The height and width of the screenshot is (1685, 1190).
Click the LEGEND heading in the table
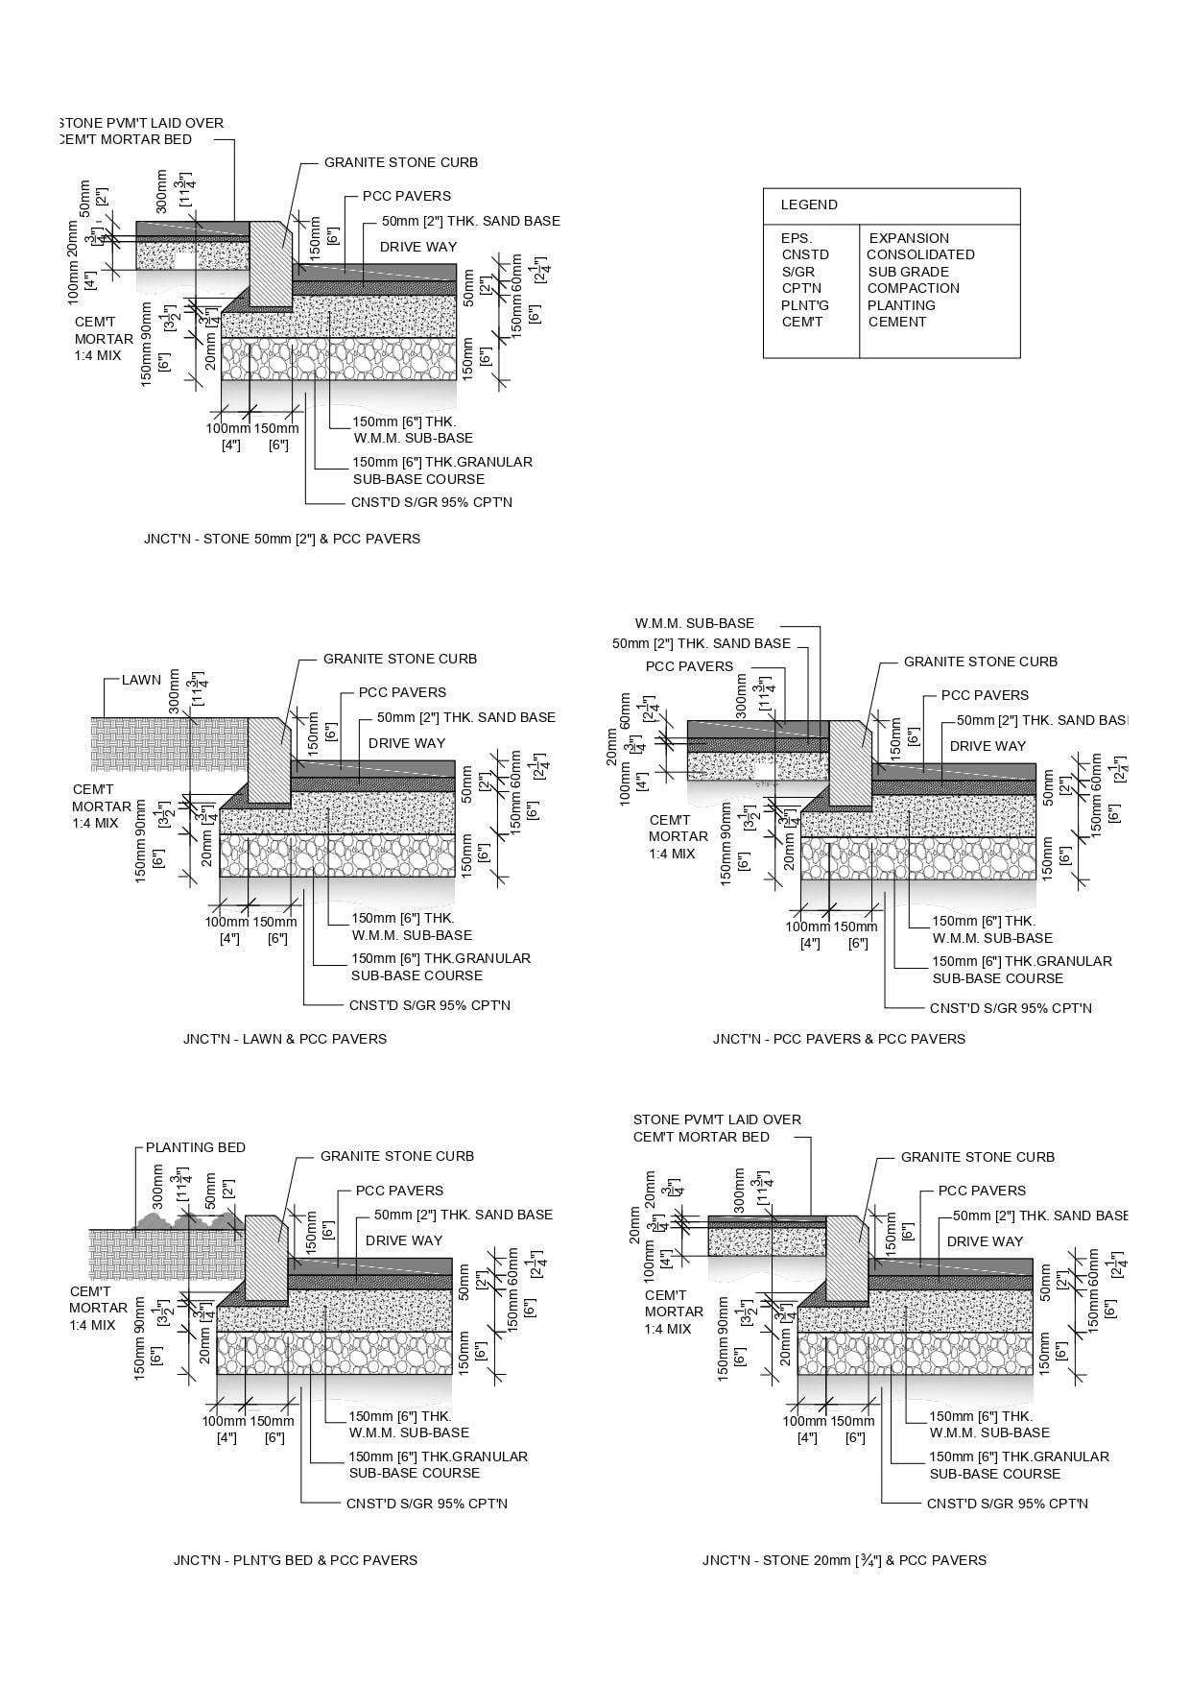[808, 205]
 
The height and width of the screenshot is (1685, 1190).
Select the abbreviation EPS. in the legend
[797, 238]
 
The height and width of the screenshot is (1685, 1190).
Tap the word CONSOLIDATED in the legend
[920, 254]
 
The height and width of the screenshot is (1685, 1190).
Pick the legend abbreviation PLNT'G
[805, 305]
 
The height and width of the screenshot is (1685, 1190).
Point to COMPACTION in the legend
[913, 288]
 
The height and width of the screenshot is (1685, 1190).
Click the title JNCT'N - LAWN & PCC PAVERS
[285, 1038]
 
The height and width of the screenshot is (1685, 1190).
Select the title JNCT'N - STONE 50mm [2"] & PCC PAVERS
[282, 539]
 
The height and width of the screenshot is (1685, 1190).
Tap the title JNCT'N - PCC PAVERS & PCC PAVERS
[839, 1038]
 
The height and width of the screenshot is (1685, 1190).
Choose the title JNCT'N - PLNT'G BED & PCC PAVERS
[296, 1560]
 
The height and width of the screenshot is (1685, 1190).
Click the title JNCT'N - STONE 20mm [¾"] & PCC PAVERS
[844, 1560]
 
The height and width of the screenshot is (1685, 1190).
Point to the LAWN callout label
[141, 680]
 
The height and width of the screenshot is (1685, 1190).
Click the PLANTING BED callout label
[196, 1147]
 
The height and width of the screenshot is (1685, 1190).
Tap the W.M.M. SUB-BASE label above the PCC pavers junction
[695, 623]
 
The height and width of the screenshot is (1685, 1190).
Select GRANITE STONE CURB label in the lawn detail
[399, 659]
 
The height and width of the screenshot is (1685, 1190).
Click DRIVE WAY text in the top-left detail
[418, 247]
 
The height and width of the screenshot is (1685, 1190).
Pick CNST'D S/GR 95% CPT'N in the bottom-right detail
[1007, 1504]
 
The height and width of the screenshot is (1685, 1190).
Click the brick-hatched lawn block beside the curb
[168, 744]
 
